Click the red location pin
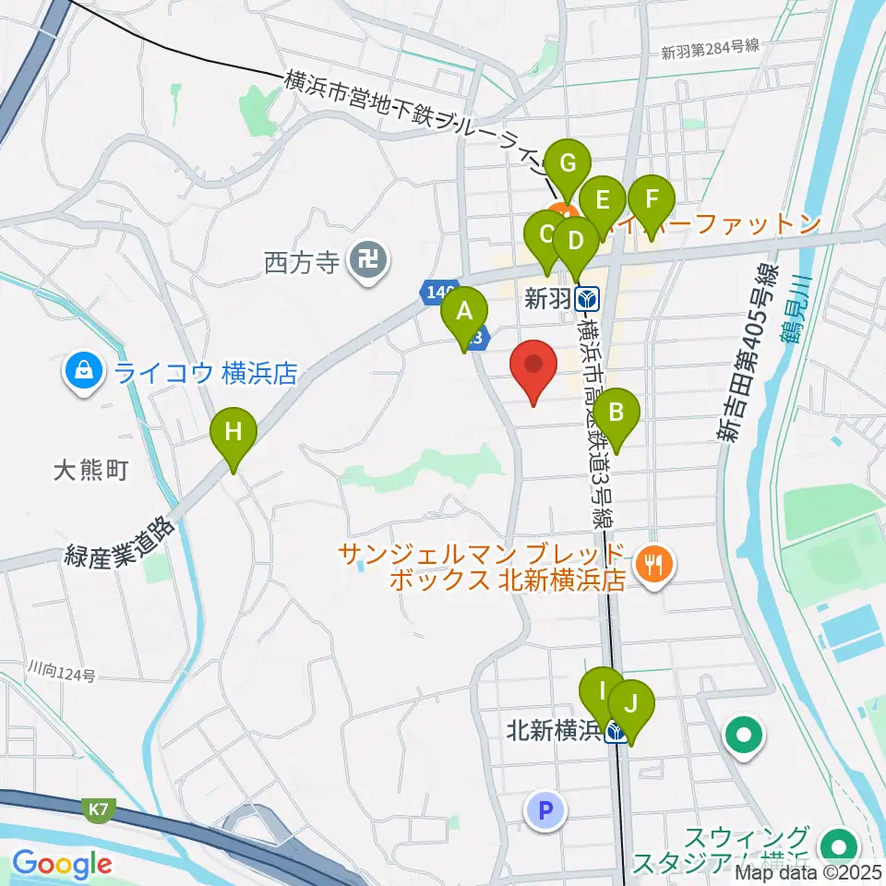[x=534, y=366]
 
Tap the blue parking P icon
[x=545, y=811]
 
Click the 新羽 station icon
[x=586, y=299]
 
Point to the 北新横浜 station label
[x=554, y=731]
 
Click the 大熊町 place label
[x=90, y=471]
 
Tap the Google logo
[x=62, y=864]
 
